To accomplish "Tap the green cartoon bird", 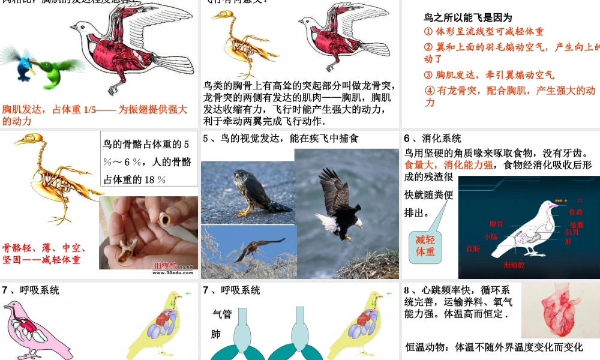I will (x=57, y=71).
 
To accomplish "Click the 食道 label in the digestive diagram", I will (x=575, y=212).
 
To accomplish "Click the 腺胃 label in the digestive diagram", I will (x=496, y=223).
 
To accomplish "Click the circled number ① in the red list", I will (x=428, y=31).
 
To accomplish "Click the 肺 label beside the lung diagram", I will (x=217, y=334).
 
